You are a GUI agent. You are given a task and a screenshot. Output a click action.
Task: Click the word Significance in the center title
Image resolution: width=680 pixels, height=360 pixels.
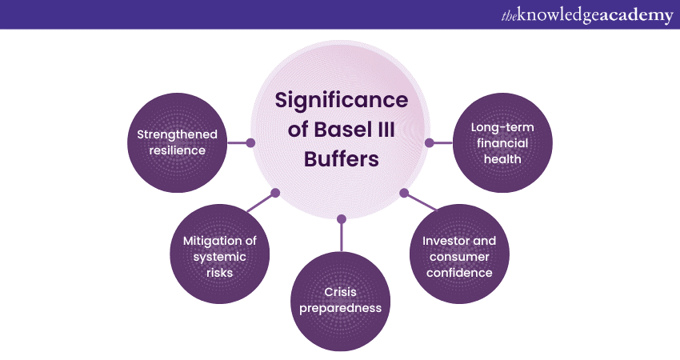click(x=341, y=101)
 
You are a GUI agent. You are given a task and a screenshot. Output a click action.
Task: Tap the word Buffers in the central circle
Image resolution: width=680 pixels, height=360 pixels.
click(x=341, y=158)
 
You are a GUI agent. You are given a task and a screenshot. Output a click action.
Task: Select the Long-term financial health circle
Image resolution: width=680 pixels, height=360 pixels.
click(x=502, y=143)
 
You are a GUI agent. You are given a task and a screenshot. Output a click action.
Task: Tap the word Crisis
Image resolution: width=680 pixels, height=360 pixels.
click(x=341, y=291)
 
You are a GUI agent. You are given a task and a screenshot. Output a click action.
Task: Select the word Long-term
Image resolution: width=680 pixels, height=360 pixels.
click(x=502, y=127)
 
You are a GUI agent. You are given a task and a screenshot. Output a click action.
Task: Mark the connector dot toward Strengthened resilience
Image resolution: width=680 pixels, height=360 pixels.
click(x=250, y=143)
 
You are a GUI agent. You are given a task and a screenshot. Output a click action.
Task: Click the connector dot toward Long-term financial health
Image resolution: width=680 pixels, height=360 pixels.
click(x=429, y=143)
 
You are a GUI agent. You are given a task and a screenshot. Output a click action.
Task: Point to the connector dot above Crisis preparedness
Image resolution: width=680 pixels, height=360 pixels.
click(x=341, y=218)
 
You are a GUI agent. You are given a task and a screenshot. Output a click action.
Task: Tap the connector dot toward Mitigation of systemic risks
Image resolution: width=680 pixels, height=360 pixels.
click(x=275, y=193)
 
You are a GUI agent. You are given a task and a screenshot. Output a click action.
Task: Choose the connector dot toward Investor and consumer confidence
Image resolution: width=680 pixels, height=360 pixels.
click(x=404, y=193)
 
